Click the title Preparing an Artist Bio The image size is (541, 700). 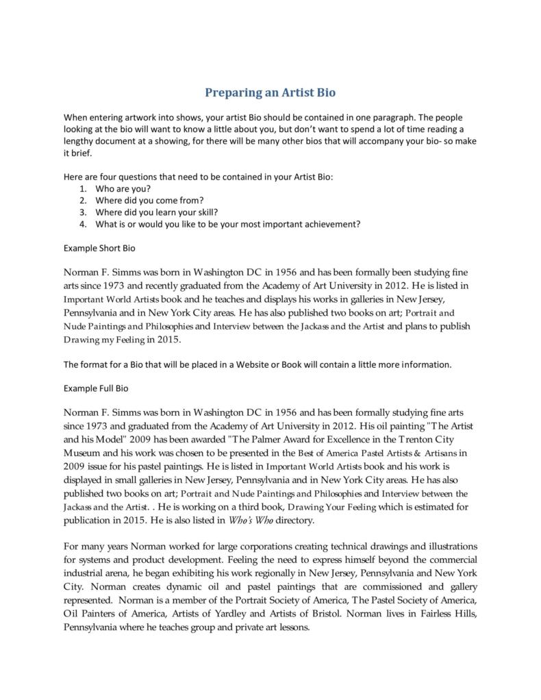coord(270,92)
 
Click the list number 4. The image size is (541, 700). coord(82,223)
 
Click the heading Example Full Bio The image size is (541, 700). coord(96,388)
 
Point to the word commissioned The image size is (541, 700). coord(398,587)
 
